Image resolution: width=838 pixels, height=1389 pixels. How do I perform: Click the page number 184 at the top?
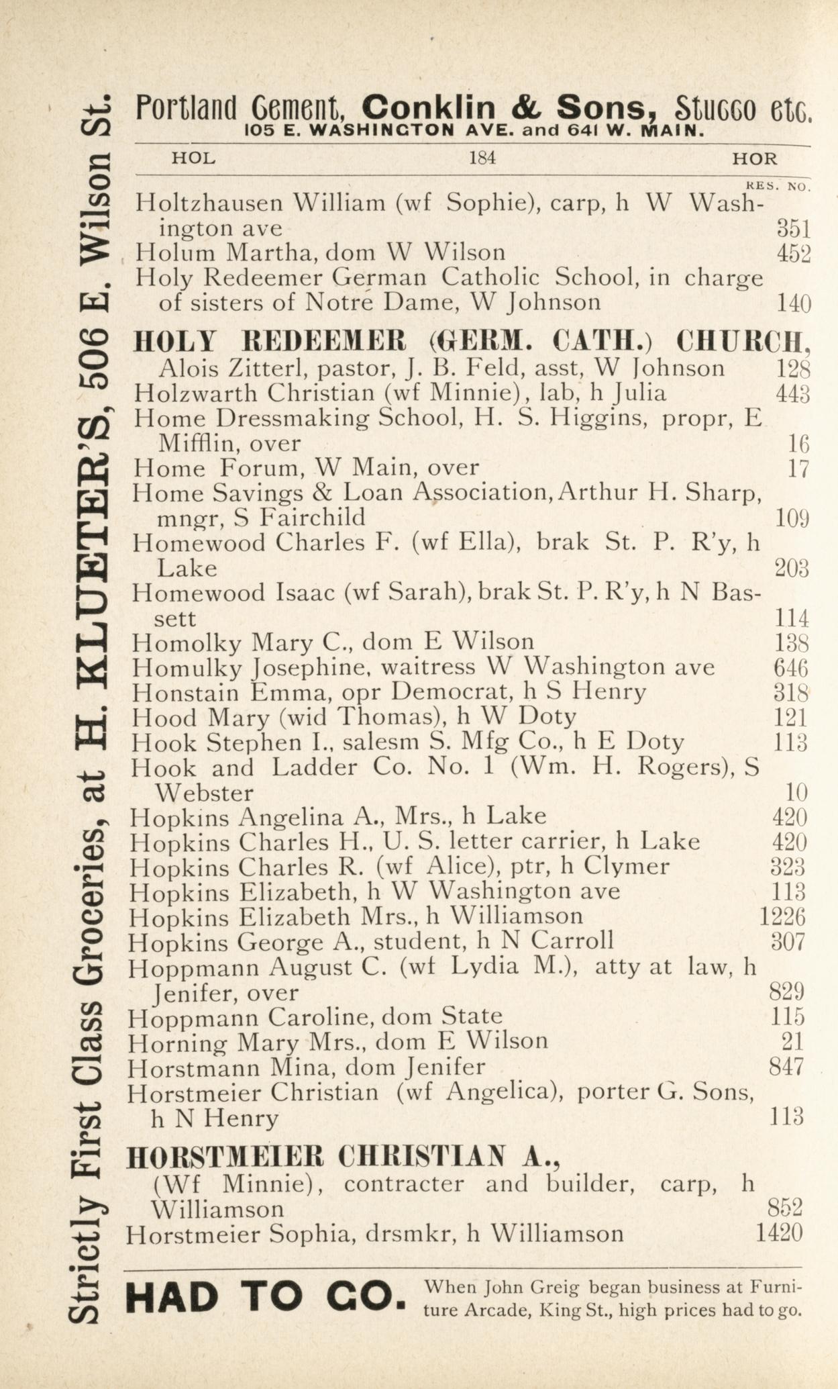point(482,159)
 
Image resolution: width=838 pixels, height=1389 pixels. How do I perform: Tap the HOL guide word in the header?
point(194,159)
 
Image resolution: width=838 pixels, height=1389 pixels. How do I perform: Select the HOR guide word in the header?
point(755,159)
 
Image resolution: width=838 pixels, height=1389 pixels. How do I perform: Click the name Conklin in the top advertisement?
point(429,108)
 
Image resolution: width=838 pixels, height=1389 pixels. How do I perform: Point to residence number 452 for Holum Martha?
point(794,254)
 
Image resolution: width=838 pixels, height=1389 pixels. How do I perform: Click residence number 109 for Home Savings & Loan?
point(792,518)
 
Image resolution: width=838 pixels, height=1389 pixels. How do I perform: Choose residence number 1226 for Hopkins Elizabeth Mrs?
point(782,916)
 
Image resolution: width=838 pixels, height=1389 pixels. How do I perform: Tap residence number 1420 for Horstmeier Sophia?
point(779,1233)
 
